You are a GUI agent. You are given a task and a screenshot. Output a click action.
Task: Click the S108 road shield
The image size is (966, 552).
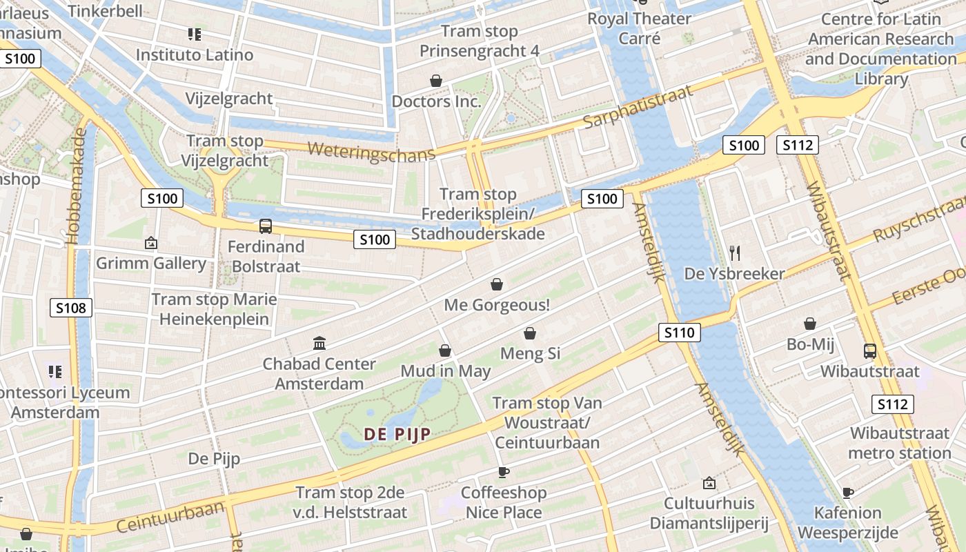tap(71, 308)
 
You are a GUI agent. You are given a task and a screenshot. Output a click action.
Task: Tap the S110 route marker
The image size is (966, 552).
tap(679, 333)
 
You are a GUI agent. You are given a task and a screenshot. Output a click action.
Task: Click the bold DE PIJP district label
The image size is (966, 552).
tap(397, 434)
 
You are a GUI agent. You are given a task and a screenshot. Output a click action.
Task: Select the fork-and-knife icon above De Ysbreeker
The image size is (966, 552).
tap(734, 253)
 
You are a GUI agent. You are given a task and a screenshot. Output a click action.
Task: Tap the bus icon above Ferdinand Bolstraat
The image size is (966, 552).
tap(266, 226)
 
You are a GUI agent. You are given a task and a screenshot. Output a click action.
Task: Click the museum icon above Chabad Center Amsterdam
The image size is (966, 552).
tap(319, 343)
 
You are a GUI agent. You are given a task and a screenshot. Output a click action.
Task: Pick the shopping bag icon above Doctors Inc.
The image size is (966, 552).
tap(436, 81)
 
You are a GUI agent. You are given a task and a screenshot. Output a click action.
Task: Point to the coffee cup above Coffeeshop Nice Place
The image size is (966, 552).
tap(504, 472)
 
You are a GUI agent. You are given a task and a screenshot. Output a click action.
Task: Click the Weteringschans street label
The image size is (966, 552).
tap(371, 151)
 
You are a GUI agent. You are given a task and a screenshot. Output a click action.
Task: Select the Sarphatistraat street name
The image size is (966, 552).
tap(638, 108)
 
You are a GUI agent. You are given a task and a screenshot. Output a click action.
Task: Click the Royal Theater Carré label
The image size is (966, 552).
tap(639, 28)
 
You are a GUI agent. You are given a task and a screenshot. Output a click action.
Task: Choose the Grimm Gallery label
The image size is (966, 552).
tap(151, 263)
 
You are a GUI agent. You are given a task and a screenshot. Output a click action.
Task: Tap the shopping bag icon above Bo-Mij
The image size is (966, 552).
tap(810, 324)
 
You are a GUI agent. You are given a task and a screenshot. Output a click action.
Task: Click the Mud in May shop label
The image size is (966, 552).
tap(446, 371)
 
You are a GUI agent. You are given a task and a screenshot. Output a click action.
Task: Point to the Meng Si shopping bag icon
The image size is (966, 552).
tap(530, 333)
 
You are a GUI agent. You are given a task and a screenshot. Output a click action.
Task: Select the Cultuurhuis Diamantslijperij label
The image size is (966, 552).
tap(709, 513)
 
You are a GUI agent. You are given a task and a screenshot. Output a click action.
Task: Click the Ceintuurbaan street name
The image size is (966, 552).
tap(170, 516)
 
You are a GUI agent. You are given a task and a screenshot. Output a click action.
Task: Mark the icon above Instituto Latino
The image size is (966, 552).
tap(194, 34)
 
